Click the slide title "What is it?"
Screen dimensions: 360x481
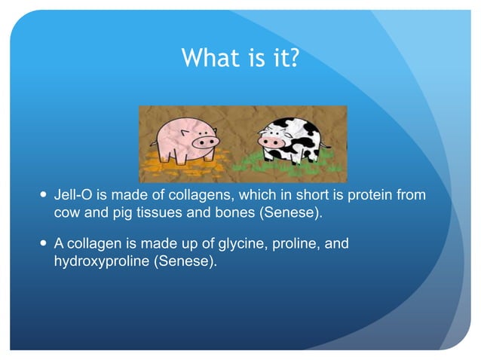240,58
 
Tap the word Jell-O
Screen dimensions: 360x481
73,196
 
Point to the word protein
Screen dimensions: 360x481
364,196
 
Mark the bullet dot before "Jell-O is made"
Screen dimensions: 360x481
42,196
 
